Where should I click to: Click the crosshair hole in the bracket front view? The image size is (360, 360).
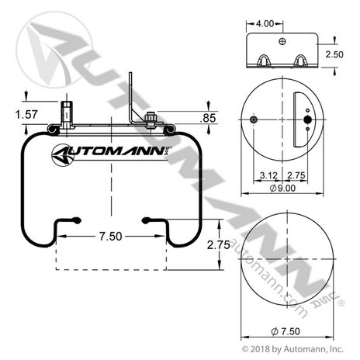[284, 40]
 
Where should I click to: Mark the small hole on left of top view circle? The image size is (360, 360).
[254, 120]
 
